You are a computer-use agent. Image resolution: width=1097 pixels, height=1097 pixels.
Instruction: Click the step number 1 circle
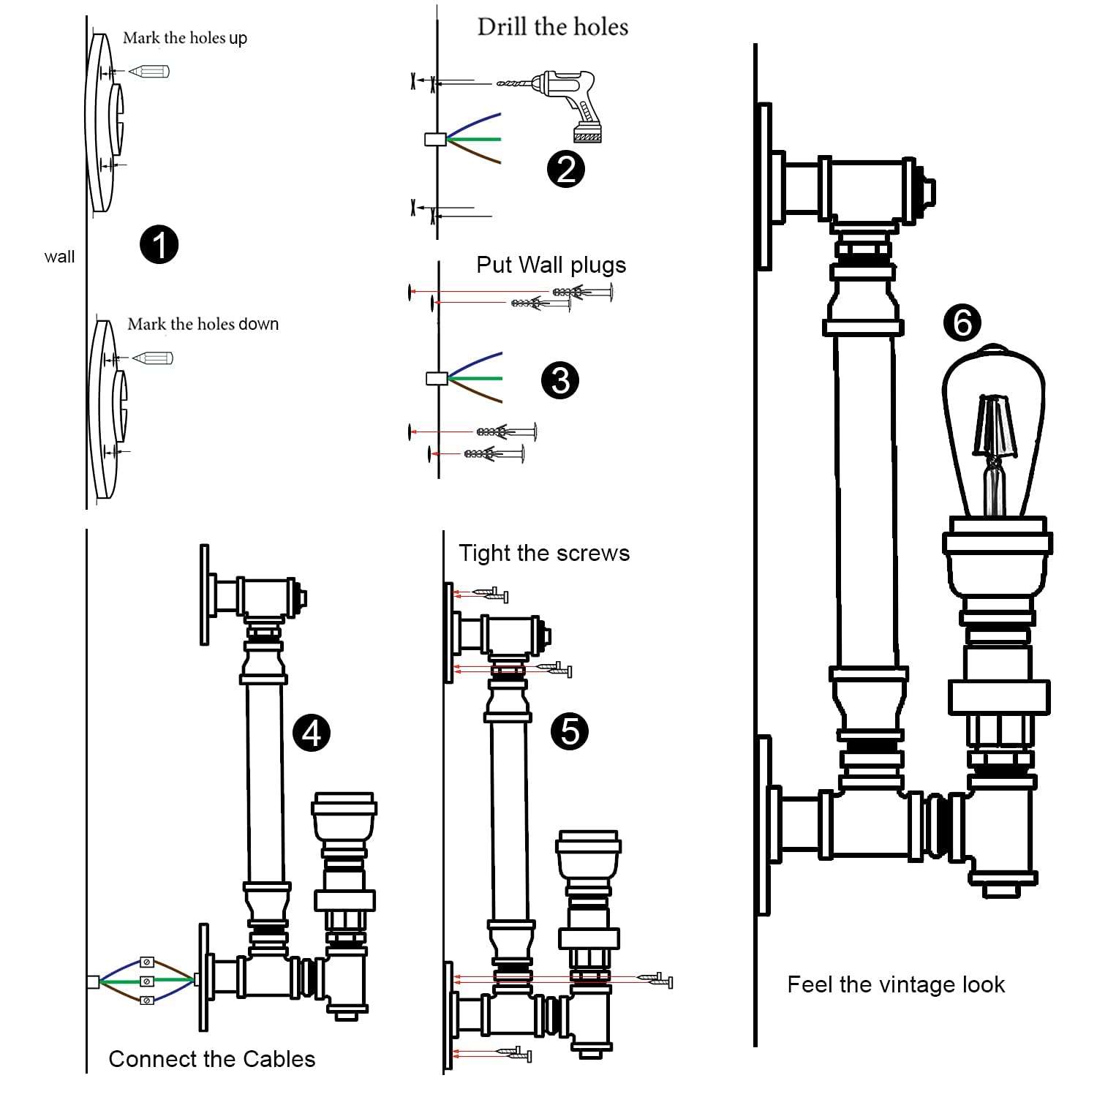(159, 244)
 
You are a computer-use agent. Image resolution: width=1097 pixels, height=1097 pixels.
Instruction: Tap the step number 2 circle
(566, 169)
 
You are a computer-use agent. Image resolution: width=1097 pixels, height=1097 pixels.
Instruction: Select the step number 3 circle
(560, 380)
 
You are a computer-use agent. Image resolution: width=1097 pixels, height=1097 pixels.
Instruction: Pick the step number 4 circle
(312, 733)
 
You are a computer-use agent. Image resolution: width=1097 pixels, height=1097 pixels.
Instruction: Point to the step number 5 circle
(570, 731)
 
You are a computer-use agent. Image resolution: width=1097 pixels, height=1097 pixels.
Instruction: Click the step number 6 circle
(962, 323)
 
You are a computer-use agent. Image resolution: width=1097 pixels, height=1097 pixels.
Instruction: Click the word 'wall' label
(59, 257)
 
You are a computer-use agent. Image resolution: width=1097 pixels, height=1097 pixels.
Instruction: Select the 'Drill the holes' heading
(553, 27)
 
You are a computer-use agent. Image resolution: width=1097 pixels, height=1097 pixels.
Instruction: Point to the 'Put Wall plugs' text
(551, 265)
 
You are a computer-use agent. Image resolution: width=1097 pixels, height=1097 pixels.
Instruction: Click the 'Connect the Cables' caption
(212, 1059)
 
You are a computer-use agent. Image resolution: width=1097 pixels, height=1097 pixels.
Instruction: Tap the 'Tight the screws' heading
(544, 553)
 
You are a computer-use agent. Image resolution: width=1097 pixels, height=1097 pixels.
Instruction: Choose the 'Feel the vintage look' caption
(896, 984)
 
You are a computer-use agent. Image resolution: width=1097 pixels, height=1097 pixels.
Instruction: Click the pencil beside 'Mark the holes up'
(150, 71)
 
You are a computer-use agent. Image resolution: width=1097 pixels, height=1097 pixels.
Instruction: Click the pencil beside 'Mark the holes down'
(154, 358)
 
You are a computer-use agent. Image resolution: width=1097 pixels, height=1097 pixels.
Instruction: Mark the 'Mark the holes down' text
(203, 324)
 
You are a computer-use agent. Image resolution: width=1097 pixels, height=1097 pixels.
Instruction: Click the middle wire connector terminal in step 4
(147, 981)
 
